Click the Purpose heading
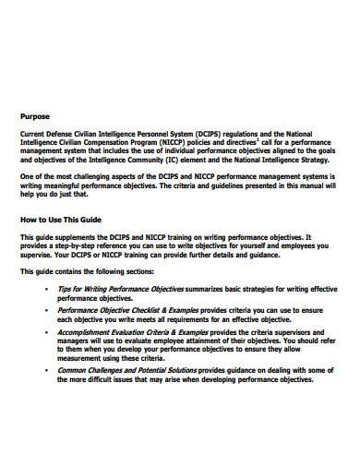(36, 116)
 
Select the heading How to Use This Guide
(62, 219)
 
